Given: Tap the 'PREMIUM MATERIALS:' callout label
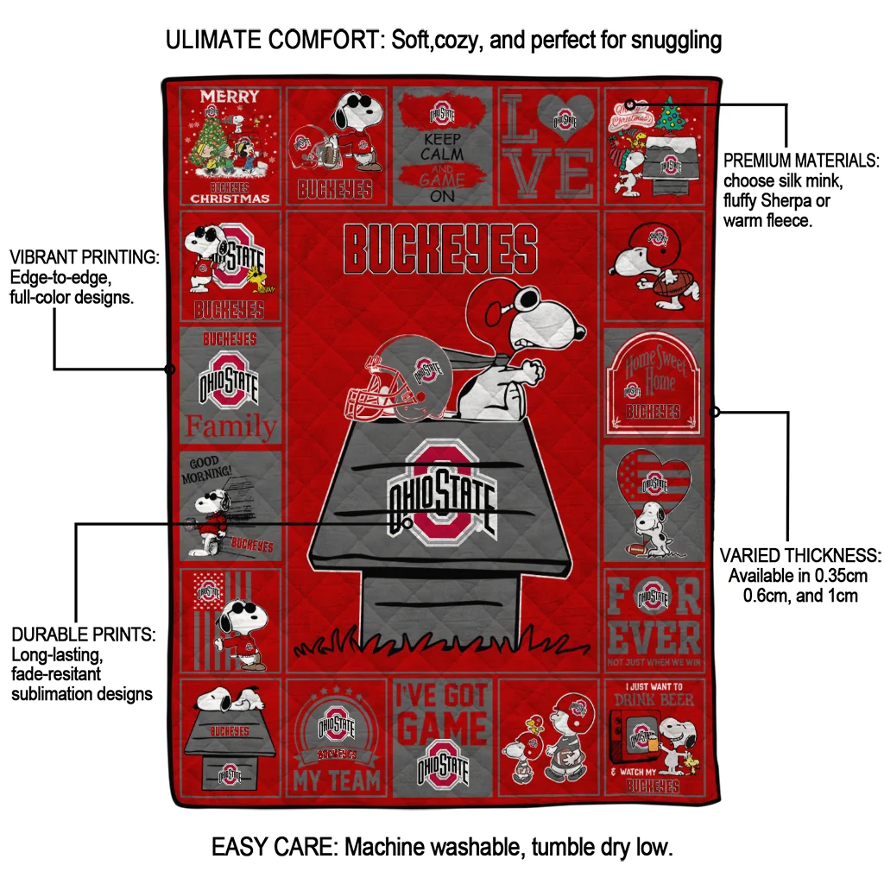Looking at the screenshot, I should pyautogui.click(x=801, y=161).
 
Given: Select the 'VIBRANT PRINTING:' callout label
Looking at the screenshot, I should pyautogui.click(x=85, y=257).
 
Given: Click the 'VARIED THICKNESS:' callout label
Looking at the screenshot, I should pyautogui.click(x=800, y=555).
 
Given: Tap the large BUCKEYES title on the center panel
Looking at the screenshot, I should pyautogui.click(x=440, y=248).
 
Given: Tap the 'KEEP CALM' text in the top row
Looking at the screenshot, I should pyautogui.click(x=442, y=146).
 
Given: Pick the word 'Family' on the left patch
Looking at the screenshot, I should pyautogui.click(x=230, y=426).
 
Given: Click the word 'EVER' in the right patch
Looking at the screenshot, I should pyautogui.click(x=654, y=636).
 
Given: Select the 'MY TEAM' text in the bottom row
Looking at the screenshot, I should pyautogui.click(x=336, y=780).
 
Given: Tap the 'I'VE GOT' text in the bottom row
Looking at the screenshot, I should pyautogui.click(x=442, y=696).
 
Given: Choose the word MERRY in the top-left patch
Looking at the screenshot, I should pyautogui.click(x=230, y=96).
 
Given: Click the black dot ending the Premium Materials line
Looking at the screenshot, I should pyautogui.click(x=630, y=104).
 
